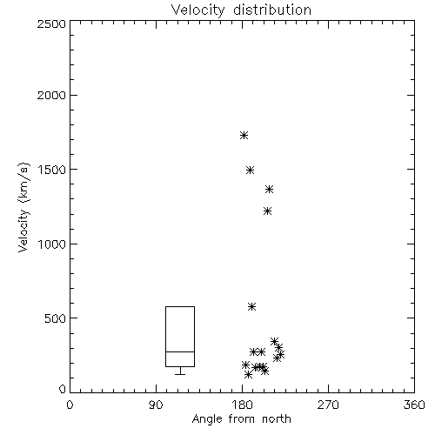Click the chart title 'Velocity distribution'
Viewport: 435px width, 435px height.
[241, 10]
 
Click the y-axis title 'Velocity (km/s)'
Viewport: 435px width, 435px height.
[23, 207]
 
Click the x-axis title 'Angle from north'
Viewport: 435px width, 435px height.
[241, 419]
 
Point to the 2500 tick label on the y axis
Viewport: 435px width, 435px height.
[51, 23]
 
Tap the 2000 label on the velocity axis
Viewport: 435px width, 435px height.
[51, 95]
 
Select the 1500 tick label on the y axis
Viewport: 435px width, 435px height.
[51, 170]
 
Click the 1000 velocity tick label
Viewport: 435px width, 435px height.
[51, 244]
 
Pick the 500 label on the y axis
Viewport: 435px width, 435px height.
[55, 318]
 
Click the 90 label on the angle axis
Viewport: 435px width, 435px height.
[156, 405]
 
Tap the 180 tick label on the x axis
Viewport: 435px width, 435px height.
[242, 405]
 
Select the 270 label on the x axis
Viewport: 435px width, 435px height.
[328, 405]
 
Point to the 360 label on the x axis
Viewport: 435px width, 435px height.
[414, 405]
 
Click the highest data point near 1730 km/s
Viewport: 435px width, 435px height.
[244, 135]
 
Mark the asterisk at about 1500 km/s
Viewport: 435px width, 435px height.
[250, 170]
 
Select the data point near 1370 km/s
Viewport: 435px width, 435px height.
[269, 190]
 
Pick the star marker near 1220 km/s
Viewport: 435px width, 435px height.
[267, 211]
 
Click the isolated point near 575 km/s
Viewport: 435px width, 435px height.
[251, 307]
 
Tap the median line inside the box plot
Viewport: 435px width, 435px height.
[180, 351]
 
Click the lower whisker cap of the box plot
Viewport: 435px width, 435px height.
[180, 374]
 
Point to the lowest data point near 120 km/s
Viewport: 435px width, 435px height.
[248, 375]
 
